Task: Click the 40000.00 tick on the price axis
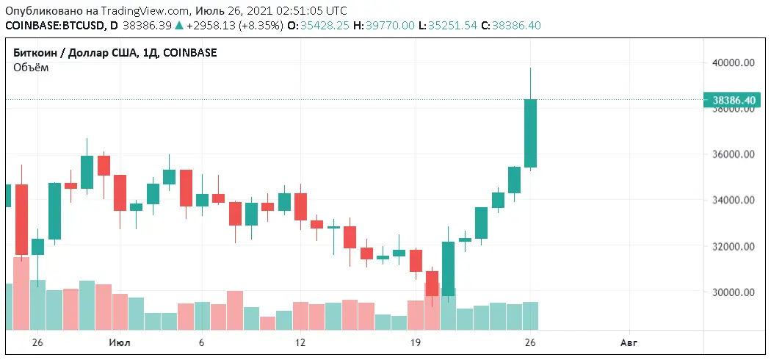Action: pos(734,63)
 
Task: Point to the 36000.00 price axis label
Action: pos(734,155)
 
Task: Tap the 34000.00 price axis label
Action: pos(734,201)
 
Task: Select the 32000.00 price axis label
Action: pos(734,247)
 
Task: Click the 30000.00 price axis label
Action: pos(734,292)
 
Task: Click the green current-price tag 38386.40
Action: pos(734,100)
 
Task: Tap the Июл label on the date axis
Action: pos(120,342)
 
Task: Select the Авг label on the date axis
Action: pos(629,342)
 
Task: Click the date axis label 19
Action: pos(415,342)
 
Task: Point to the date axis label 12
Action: pos(300,342)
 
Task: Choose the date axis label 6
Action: pos(201,342)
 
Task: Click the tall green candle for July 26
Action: pos(530,133)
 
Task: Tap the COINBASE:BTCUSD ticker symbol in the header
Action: pos(53,26)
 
